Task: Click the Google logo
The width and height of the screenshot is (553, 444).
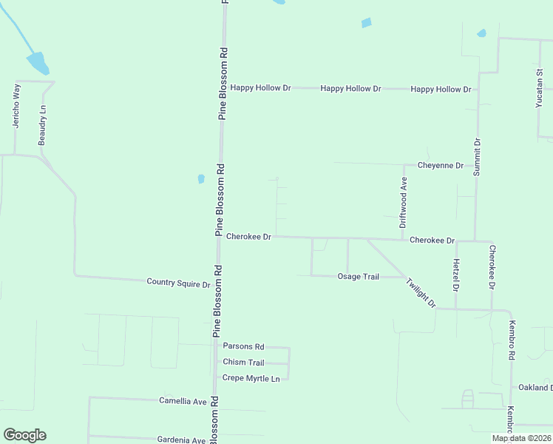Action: click(24, 435)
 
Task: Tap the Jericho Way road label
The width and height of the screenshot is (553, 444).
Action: click(16, 106)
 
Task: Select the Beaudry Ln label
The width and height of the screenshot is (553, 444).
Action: click(43, 124)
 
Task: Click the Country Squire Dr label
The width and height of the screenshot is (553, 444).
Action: click(178, 282)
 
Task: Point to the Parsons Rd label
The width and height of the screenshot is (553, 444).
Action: click(243, 346)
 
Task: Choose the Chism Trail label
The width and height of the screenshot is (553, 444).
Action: click(243, 363)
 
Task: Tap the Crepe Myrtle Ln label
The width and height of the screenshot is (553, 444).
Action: click(251, 378)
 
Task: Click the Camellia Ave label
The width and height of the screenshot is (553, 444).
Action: click(183, 400)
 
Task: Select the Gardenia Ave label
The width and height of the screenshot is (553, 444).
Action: click(181, 440)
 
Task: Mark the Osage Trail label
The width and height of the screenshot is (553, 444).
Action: click(358, 277)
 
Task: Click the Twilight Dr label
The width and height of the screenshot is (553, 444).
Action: click(421, 292)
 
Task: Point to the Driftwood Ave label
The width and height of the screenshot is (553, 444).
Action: click(404, 201)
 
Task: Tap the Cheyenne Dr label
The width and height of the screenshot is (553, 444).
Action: click(440, 165)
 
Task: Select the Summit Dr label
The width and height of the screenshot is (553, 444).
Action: click(477, 157)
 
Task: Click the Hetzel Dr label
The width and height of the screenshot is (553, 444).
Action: click(456, 275)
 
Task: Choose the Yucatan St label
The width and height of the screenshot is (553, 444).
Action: click(539, 90)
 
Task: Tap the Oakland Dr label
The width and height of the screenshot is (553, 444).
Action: click(534, 387)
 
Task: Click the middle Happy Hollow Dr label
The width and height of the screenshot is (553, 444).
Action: click(350, 89)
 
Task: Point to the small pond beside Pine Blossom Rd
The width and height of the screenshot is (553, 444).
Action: click(201, 178)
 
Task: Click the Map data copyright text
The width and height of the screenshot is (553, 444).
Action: click(522, 438)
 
